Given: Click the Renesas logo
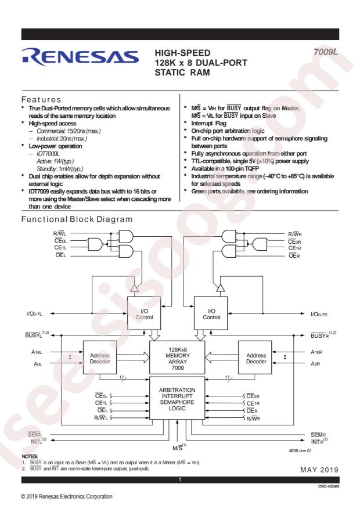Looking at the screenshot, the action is coord(80,56).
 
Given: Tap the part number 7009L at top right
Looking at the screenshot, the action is coord(325,52).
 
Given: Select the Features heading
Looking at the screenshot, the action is coord(41,100).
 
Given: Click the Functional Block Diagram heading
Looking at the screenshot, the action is coord(77,219).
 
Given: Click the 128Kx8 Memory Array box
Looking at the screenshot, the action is coord(177,358).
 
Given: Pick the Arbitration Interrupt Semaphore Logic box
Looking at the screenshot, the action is coord(177,398).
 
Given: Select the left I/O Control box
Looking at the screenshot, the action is coord(144,313).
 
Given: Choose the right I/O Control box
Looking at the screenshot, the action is coord(211,313).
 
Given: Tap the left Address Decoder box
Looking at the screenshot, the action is coord(100,358).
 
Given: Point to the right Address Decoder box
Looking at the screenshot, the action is coord(255,358).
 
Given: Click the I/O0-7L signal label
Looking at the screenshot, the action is coord(34,314).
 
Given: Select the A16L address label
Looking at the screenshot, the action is coord(37,352).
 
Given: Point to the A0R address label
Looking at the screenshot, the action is coord(315,364).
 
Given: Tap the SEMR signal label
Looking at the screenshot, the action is coord(318,435).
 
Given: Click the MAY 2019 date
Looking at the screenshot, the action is coord(319,470).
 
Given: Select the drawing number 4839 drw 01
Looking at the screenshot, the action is coord(300,450).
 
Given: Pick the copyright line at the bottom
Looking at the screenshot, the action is coord(67,496).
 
